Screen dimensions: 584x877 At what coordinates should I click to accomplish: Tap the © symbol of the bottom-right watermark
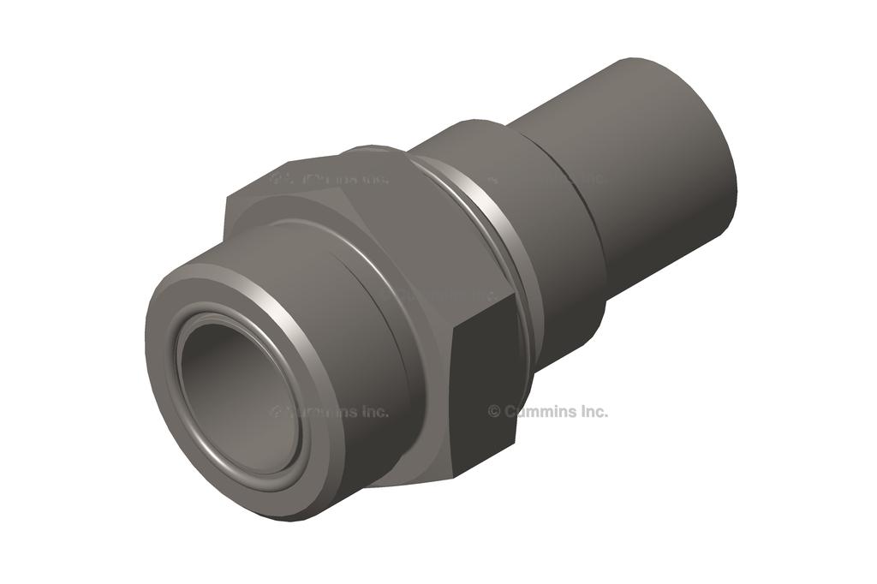pyautogui.click(x=494, y=411)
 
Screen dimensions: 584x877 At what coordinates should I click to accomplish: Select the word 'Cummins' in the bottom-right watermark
pyautogui.click(x=538, y=411)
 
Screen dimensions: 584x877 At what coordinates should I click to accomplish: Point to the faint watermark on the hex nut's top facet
pyautogui.click(x=330, y=180)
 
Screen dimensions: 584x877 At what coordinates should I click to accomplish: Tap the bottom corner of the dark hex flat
pyautogui.click(x=454, y=475)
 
